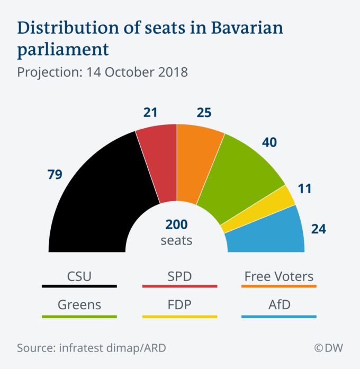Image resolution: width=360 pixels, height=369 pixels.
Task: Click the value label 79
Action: tap(55, 174)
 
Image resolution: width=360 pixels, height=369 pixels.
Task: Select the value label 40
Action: tap(269, 142)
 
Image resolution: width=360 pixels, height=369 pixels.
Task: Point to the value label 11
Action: tap(304, 190)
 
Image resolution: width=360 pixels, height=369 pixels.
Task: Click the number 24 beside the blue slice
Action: tap(318, 229)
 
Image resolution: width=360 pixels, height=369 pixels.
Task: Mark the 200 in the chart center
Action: tap(176, 224)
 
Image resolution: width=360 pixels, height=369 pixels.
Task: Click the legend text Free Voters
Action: tap(278, 276)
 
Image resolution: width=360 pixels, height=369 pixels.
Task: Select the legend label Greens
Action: tap(79, 305)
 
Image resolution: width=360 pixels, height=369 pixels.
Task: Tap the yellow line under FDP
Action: tap(179, 317)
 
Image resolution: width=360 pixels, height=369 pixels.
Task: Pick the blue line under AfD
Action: tap(278, 317)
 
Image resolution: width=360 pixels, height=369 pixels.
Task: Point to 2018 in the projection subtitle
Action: tap(172, 71)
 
